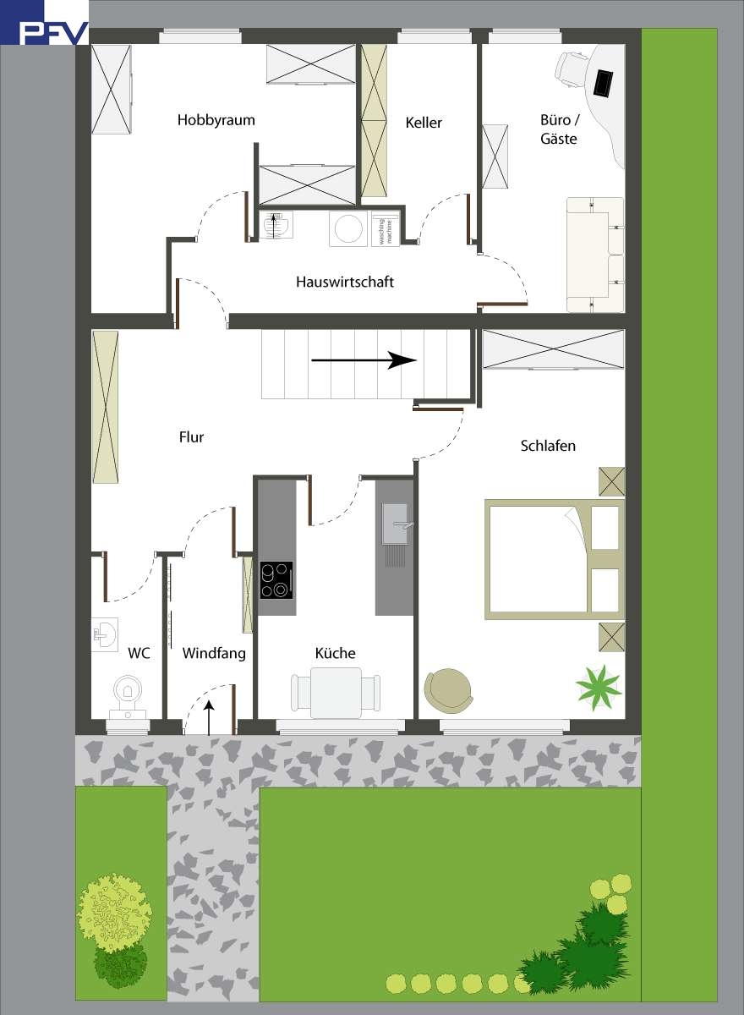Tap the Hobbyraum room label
(x=216, y=120)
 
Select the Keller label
(x=424, y=123)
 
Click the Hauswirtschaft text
(x=345, y=282)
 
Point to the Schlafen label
(x=548, y=445)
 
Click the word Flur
(x=192, y=437)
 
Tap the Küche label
(x=335, y=653)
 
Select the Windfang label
(x=214, y=653)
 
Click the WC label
(x=139, y=653)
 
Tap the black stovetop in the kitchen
(x=276, y=580)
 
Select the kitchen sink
(x=396, y=524)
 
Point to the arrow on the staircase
(x=364, y=361)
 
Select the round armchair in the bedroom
(x=448, y=690)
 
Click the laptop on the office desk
(x=604, y=82)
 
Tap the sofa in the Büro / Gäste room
(x=594, y=254)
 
